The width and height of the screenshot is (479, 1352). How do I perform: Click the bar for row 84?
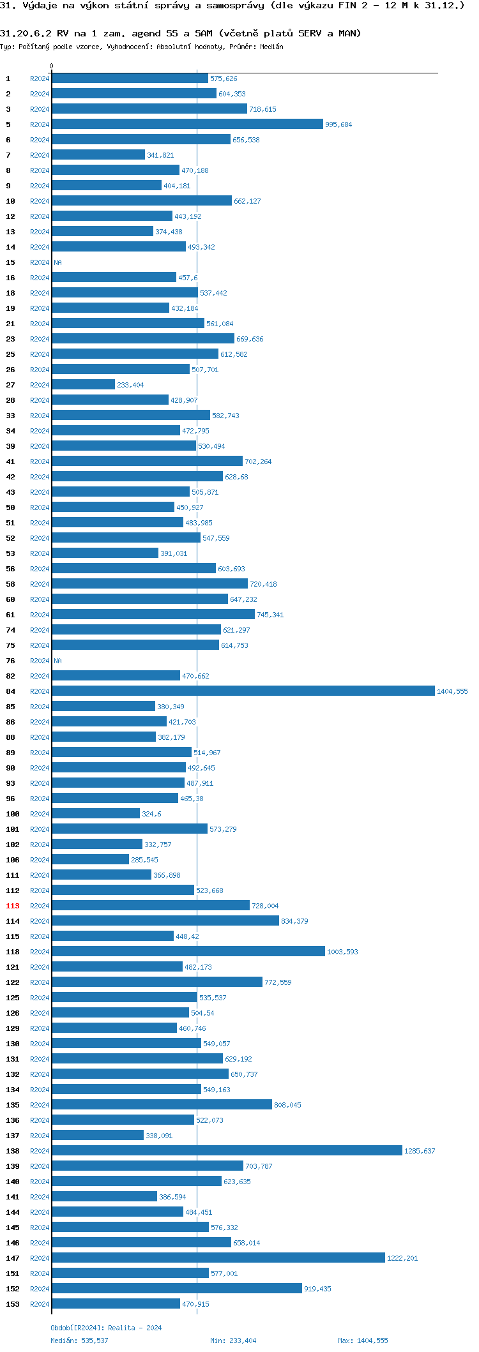(243, 691)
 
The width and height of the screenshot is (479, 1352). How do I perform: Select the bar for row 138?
(227, 1150)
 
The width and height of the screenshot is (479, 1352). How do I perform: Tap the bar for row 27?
(83, 384)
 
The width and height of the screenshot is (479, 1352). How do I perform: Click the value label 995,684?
(338, 124)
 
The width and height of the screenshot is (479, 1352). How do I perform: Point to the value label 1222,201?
(402, 1258)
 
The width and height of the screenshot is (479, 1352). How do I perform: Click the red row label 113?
(13, 906)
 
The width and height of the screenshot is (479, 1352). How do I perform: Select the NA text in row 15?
(57, 262)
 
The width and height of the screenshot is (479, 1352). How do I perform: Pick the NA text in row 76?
(57, 661)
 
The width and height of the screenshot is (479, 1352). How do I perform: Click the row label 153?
(13, 1304)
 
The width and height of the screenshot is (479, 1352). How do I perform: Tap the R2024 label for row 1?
(40, 79)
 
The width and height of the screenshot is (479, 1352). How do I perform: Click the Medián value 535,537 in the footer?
(95, 1341)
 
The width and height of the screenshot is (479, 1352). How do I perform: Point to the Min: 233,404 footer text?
(233, 1341)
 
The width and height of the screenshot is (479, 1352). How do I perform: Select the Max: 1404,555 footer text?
(363, 1341)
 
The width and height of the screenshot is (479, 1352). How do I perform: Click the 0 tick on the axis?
(51, 66)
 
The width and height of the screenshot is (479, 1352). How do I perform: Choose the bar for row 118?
(188, 951)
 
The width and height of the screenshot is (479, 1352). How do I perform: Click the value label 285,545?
(144, 860)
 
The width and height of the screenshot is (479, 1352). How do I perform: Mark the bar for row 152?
(177, 1288)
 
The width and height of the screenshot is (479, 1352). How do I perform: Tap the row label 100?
(13, 814)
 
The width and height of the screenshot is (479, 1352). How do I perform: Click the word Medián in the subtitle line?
(272, 47)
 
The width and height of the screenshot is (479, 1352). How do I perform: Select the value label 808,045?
(287, 1105)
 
